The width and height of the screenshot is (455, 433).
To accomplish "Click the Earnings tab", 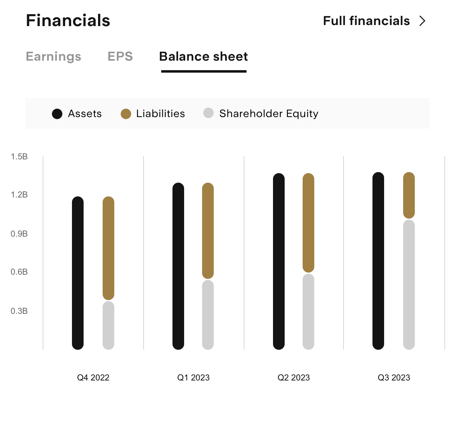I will coord(54,56).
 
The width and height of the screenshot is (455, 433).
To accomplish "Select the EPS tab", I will coord(120,56).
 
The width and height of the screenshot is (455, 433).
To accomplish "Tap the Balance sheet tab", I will coord(204,56).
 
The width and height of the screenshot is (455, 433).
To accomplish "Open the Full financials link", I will coord(366,21).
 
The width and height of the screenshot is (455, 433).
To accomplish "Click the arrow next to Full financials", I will coord(422,21).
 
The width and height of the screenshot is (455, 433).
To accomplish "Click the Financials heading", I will coord(68,20).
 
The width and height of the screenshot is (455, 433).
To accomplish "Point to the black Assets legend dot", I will coord(57,114).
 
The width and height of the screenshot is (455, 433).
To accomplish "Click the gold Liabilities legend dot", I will coord(126,114).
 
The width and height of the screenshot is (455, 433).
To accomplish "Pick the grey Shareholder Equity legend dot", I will coord(208,113).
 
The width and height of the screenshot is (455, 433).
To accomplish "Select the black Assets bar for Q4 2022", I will coord(78,273).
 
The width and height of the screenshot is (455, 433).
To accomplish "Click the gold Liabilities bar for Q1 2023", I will coord(208,231).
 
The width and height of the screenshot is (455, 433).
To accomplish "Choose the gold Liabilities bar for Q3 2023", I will coord(409,195).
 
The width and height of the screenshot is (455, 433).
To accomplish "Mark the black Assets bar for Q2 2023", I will coord(279,261).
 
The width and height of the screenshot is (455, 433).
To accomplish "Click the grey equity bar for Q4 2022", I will coord(108,325).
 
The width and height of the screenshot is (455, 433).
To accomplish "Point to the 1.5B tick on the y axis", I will coord(19,157).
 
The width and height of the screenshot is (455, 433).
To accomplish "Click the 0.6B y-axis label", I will coord(19,272).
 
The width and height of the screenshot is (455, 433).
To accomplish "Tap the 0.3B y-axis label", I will coord(19,311).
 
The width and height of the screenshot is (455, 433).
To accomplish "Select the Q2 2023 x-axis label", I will coord(293,378).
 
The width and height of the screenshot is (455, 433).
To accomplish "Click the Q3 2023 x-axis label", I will coord(394,378).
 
